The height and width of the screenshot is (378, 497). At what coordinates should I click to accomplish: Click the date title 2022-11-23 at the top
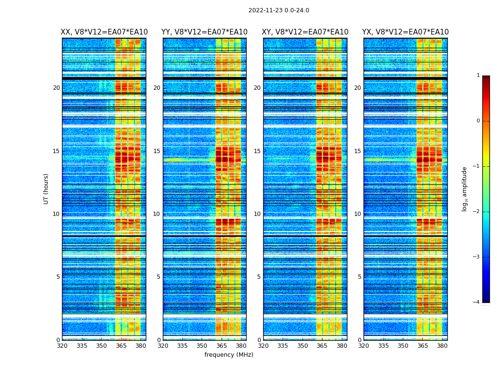[278, 10]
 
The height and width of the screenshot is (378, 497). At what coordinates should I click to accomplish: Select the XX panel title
[104, 32]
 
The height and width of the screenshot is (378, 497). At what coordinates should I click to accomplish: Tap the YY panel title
[204, 32]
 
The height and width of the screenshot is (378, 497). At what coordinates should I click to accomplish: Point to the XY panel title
[305, 32]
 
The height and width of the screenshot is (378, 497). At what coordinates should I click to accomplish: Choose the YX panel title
[406, 32]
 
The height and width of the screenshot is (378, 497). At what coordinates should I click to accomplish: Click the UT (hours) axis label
[46, 189]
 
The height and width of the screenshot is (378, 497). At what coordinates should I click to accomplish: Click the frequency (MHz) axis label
[229, 355]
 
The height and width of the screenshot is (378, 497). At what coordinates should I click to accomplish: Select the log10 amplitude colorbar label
[465, 189]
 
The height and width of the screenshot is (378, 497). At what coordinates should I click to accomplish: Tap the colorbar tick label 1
[478, 76]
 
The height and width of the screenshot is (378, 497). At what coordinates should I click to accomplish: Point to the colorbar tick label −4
[477, 302]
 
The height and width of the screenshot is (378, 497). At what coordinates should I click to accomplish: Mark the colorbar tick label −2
[477, 212]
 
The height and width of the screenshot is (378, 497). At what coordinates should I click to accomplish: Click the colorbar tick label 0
[478, 121]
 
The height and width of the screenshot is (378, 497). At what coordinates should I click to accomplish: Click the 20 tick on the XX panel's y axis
[56, 88]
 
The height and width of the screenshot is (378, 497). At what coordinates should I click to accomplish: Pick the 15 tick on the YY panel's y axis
[157, 151]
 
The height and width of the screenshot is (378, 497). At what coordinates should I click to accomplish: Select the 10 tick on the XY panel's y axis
[257, 214]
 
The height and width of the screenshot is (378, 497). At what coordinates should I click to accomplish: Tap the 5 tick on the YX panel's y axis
[359, 277]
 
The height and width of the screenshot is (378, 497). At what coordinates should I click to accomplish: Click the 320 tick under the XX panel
[62, 346]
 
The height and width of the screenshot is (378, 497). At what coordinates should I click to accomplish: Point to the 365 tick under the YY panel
[222, 346]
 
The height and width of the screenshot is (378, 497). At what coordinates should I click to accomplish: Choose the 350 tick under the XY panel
[302, 346]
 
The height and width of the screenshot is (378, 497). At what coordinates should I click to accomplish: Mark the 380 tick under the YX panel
[442, 346]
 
